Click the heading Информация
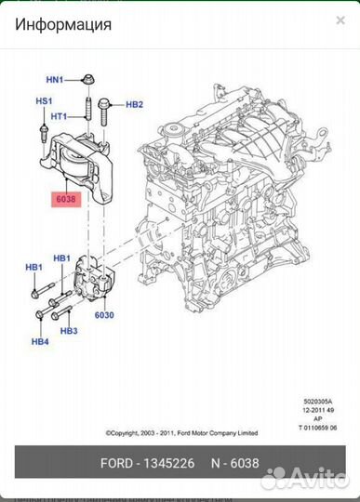[63, 25]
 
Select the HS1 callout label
[44, 100]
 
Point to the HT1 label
[60, 116]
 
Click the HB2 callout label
[134, 105]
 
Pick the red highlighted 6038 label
[68, 198]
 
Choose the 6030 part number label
[103, 315]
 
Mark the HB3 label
[68, 330]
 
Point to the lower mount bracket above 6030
[93, 279]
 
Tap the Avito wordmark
[316, 479]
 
